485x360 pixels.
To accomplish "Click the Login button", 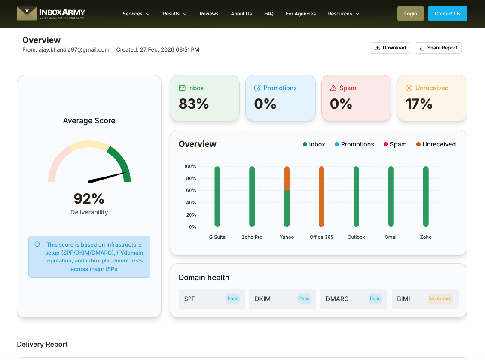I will click(410, 14).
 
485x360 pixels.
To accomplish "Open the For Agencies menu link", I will click(301, 14).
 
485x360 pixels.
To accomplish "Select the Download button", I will click(390, 48).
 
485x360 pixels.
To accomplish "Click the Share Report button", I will click(438, 48).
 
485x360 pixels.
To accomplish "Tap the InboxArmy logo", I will click(51, 14).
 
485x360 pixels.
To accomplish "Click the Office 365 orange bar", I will click(321, 196).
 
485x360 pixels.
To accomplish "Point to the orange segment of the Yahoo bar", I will click(287, 178).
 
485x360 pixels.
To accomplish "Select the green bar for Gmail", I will click(391, 196).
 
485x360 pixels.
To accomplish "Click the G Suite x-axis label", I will click(217, 237).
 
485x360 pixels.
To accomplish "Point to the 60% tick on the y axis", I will click(190, 190).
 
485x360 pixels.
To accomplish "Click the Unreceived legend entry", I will click(436, 144).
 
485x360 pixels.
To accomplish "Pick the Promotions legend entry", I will click(354, 144).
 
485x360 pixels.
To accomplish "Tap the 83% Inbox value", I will click(194, 104).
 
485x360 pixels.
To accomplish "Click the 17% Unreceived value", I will click(419, 104).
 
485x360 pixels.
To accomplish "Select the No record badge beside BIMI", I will click(440, 299).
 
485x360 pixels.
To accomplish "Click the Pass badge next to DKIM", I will click(304, 299).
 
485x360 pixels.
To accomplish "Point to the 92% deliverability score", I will click(89, 198).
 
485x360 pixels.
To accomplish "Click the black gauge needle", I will click(107, 177).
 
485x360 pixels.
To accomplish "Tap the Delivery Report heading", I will click(42, 344).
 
